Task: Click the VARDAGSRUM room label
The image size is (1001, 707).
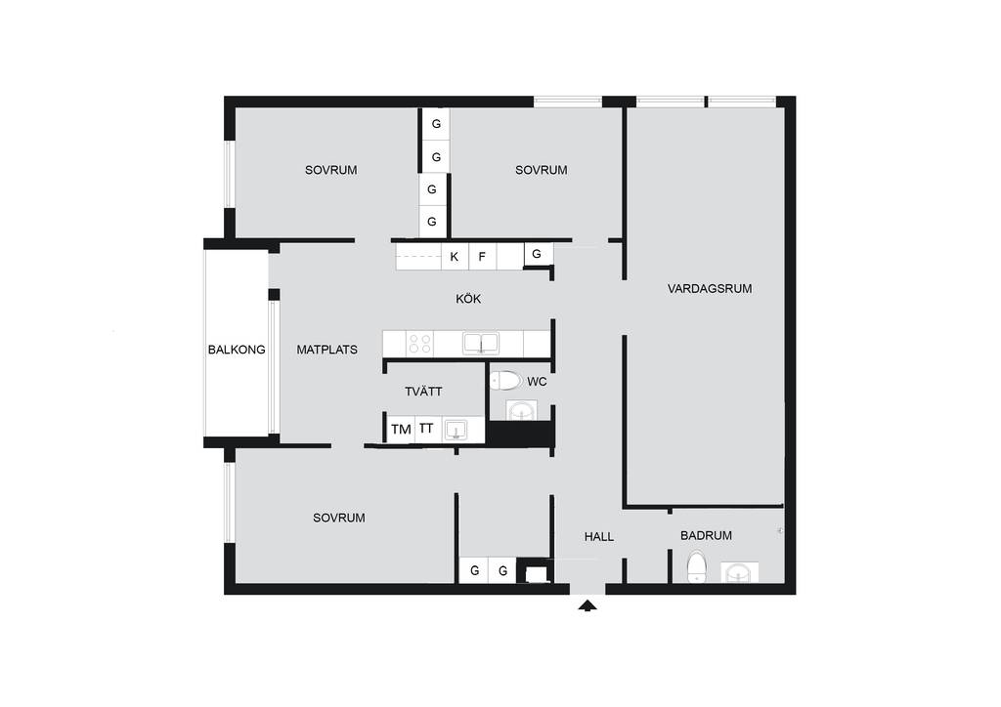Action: [x=710, y=289]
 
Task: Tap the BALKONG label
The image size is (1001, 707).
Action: [x=237, y=350]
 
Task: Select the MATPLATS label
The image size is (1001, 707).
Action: [x=326, y=350]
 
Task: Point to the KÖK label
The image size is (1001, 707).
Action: [x=468, y=299]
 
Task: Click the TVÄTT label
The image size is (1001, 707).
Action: [x=423, y=392]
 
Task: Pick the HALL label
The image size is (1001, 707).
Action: [x=599, y=537]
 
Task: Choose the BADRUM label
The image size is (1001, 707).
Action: [x=706, y=536]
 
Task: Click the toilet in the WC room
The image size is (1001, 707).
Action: [x=506, y=381]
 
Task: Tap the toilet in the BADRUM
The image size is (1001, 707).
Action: [x=696, y=566]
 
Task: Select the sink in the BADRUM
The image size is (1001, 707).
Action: [x=740, y=572]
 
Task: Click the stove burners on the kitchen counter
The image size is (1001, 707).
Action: [x=420, y=345]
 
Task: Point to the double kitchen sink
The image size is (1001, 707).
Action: [x=481, y=344]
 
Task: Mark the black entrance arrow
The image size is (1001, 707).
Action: [x=588, y=605]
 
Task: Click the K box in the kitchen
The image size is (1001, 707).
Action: [x=455, y=257]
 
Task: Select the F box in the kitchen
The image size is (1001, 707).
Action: [x=483, y=257]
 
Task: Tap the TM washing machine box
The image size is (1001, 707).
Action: [x=401, y=429]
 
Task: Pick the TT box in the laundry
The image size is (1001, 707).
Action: [x=426, y=429]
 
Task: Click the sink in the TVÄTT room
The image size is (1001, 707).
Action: [x=456, y=430]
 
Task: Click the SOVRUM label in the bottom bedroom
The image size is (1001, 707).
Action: [x=339, y=519]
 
